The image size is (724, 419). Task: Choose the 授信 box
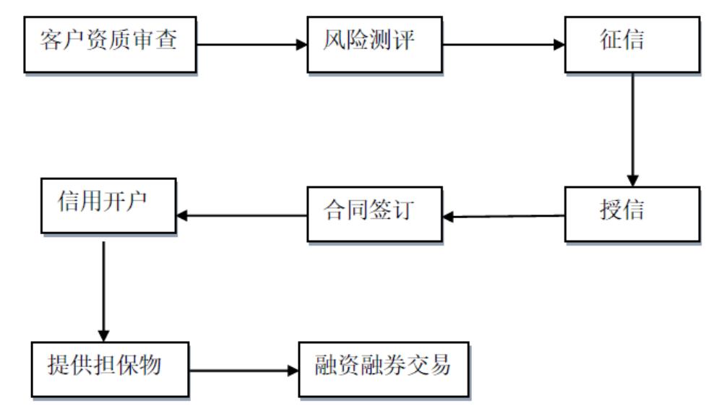(x=632, y=215)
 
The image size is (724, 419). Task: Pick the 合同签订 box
(x=374, y=215)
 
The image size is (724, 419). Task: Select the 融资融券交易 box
(x=383, y=368)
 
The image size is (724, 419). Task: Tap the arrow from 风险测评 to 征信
(x=502, y=45)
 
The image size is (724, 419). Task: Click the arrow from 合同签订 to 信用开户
(x=242, y=215)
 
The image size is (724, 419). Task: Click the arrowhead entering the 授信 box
(x=633, y=181)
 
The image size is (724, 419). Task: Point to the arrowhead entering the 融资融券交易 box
(x=293, y=371)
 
